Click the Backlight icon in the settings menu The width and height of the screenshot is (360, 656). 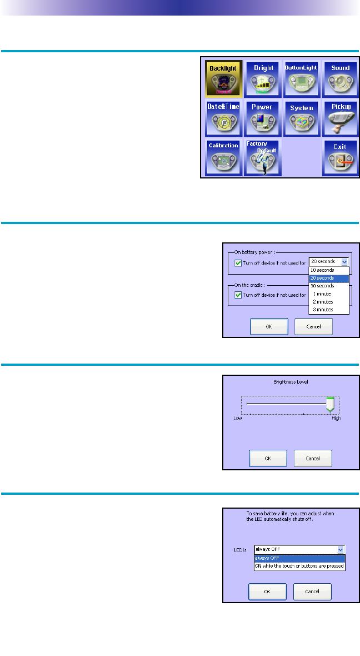(x=223, y=77)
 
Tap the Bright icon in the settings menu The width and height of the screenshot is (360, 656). (x=263, y=77)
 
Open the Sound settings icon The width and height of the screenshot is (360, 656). (x=340, y=77)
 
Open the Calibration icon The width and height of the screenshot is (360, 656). (x=223, y=157)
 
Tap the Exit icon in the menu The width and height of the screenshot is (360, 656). (x=340, y=157)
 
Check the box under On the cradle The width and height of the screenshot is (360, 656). (x=238, y=295)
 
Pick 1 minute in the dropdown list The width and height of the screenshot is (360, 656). (x=322, y=294)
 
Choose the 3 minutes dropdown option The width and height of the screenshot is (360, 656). (x=323, y=309)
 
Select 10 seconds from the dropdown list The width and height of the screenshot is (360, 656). (x=323, y=270)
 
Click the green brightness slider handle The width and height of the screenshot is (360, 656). (x=331, y=404)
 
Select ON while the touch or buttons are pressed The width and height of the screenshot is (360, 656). (x=299, y=566)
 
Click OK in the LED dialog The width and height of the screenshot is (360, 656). (x=267, y=591)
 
